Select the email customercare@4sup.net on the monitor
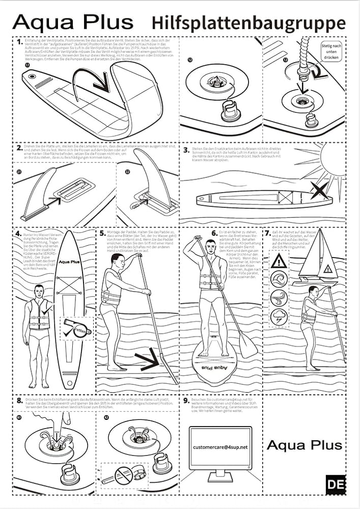(220, 446)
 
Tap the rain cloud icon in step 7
(279, 316)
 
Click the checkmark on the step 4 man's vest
(47, 308)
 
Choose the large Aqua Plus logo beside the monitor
(304, 445)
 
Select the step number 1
(19, 42)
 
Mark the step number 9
(186, 401)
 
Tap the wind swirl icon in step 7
(279, 297)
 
